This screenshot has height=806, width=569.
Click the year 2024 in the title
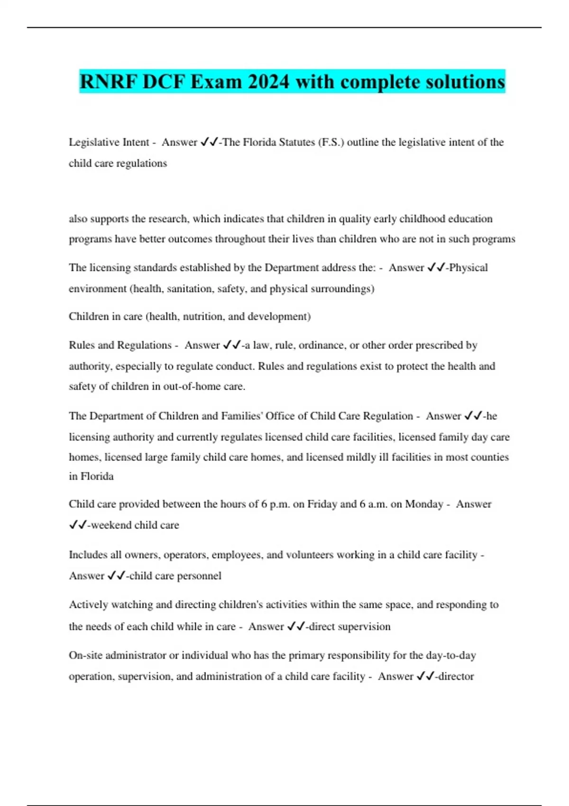click(268, 82)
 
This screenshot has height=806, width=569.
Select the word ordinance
click(322, 345)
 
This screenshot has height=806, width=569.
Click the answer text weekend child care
click(135, 525)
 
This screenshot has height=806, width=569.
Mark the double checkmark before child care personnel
click(116, 576)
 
